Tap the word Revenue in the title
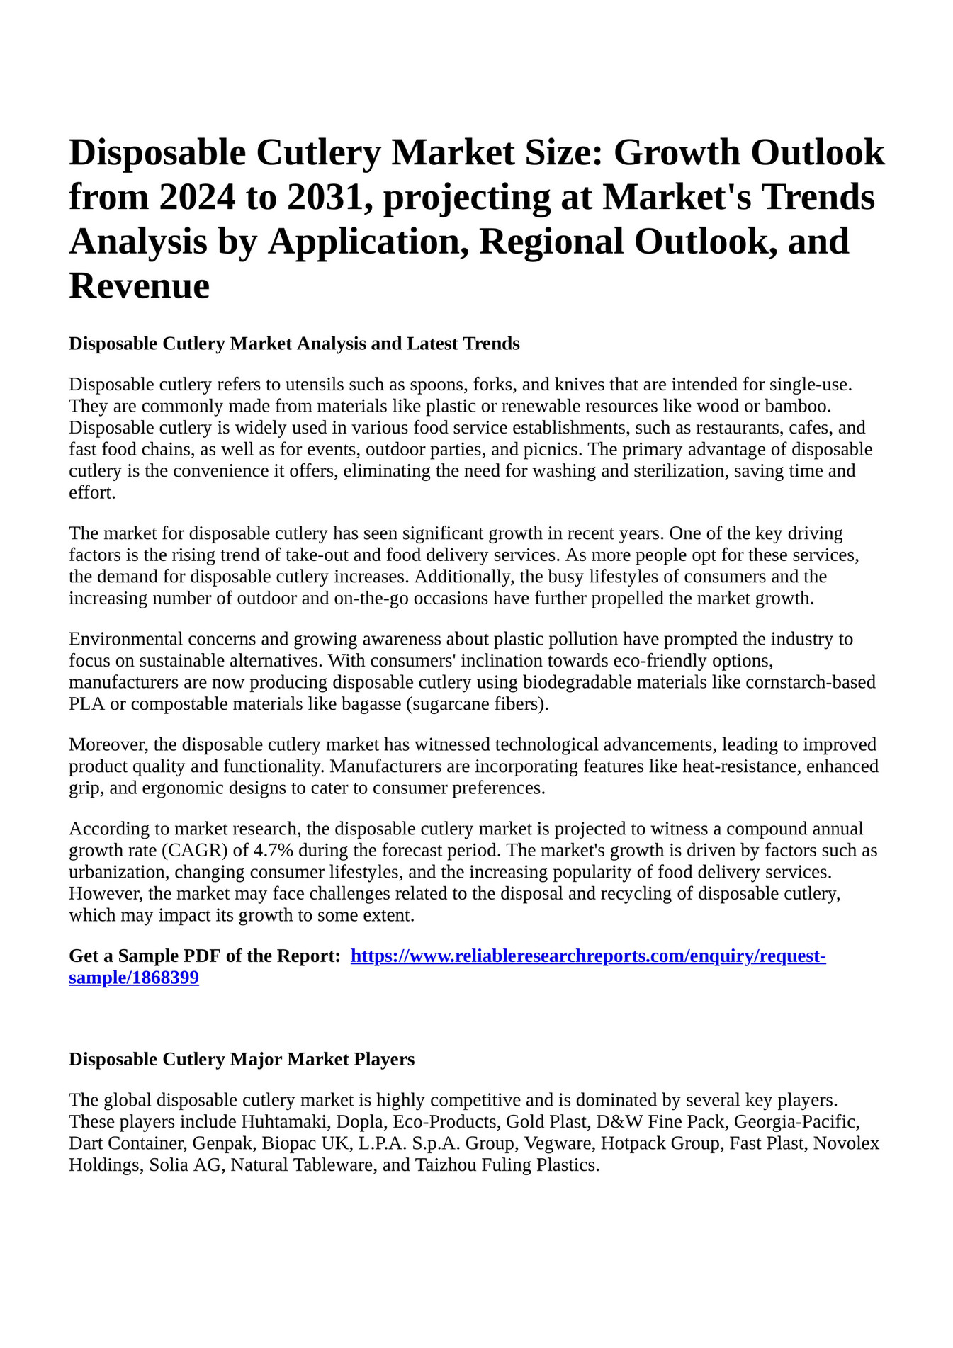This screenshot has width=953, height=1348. pyautogui.click(x=139, y=286)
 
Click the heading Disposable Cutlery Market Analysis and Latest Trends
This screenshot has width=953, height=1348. pyautogui.click(x=294, y=344)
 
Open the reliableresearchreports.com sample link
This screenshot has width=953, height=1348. pyautogui.click(x=588, y=957)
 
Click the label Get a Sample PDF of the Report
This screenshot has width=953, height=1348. pyautogui.click(x=204, y=957)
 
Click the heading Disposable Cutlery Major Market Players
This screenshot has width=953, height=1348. pyautogui.click(x=242, y=1060)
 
